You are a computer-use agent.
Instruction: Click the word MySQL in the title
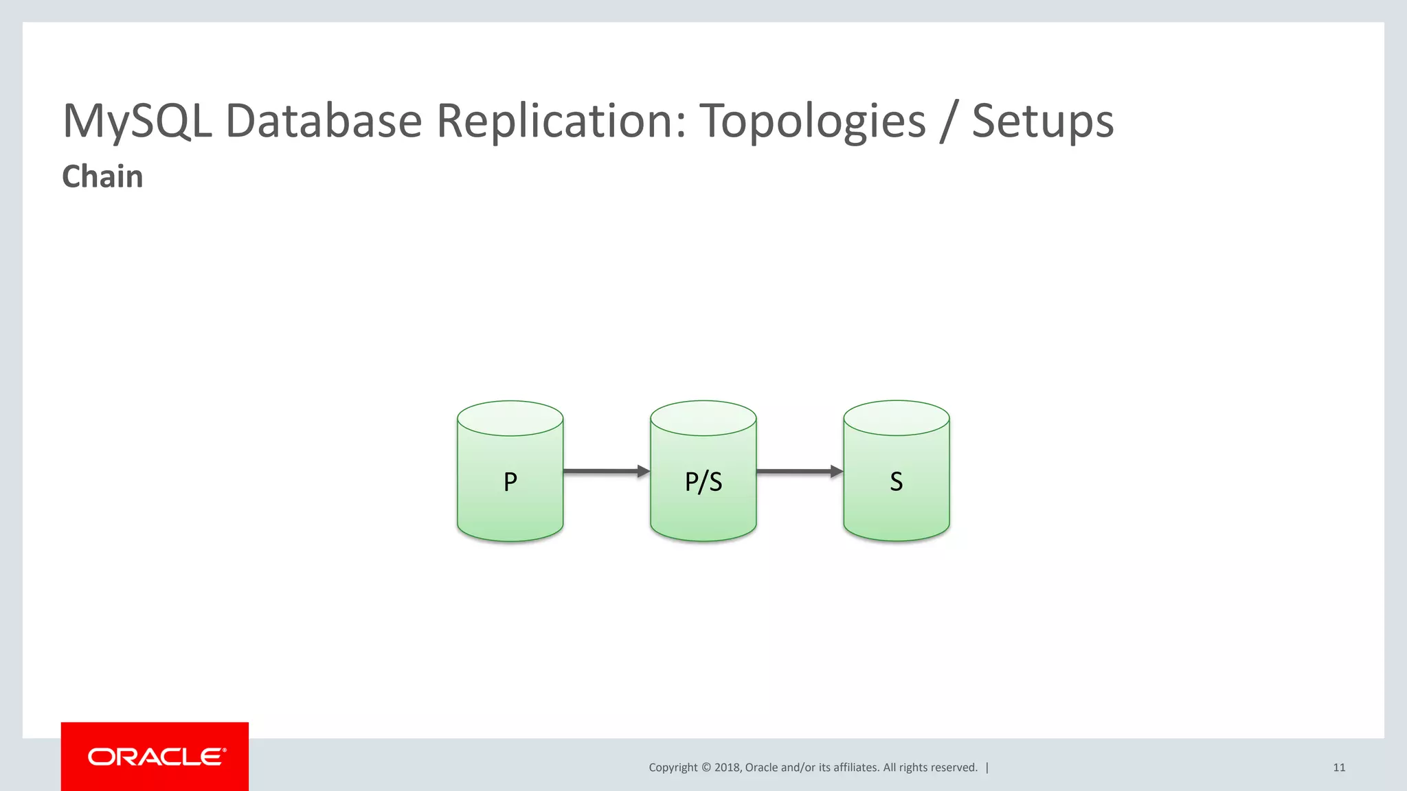click(x=137, y=122)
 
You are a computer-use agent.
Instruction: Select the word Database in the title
click(x=323, y=122)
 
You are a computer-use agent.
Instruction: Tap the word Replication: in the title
click(x=561, y=122)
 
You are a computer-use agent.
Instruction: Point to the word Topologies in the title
click(x=813, y=122)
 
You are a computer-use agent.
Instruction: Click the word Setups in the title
click(x=1042, y=122)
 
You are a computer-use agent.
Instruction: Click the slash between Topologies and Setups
click(x=949, y=122)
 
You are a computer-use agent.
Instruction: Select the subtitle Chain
click(x=102, y=176)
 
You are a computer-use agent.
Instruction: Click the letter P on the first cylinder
click(x=510, y=481)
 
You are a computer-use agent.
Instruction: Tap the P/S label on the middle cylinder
click(x=703, y=481)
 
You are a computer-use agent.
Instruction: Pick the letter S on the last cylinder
click(x=896, y=481)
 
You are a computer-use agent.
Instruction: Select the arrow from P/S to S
click(x=799, y=471)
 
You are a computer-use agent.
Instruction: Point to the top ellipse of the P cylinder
click(x=510, y=418)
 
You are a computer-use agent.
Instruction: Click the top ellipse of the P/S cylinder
click(x=703, y=418)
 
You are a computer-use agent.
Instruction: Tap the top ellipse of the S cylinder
click(x=896, y=418)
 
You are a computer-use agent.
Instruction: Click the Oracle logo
click(x=156, y=757)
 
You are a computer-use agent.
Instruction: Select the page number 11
click(x=1339, y=768)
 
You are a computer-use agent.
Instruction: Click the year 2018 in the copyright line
click(x=727, y=768)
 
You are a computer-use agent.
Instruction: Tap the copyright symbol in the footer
click(x=706, y=768)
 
